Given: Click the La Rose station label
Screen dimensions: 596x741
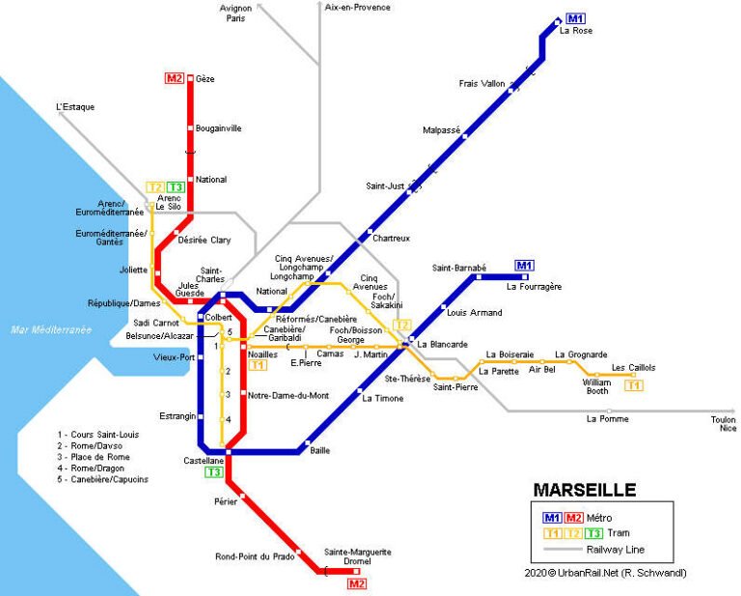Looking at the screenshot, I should (x=576, y=31).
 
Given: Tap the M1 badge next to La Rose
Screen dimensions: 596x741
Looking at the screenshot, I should (x=576, y=18).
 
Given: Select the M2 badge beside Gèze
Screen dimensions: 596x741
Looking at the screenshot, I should (x=175, y=78).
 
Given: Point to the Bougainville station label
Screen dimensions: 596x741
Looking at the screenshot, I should (x=219, y=128).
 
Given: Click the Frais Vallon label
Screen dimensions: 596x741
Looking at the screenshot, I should (x=481, y=84).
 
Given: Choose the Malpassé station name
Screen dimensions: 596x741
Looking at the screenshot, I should (x=442, y=129).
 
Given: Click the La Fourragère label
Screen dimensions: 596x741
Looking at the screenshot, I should (x=534, y=286).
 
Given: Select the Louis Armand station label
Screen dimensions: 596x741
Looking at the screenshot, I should (x=475, y=313).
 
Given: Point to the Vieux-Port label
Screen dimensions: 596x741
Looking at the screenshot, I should (x=174, y=357).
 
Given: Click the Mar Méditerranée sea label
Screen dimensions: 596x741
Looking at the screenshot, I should (x=51, y=329).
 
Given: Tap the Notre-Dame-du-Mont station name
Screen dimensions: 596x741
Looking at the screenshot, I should (x=288, y=395).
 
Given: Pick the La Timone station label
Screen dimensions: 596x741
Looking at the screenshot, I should (x=382, y=398).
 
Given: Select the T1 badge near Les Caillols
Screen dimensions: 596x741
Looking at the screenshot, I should (x=634, y=386).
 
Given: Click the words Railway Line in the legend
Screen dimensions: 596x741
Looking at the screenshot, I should (x=616, y=550).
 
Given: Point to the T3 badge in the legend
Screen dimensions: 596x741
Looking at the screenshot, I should (x=595, y=533).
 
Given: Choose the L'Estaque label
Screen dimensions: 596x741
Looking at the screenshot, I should (x=75, y=107).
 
